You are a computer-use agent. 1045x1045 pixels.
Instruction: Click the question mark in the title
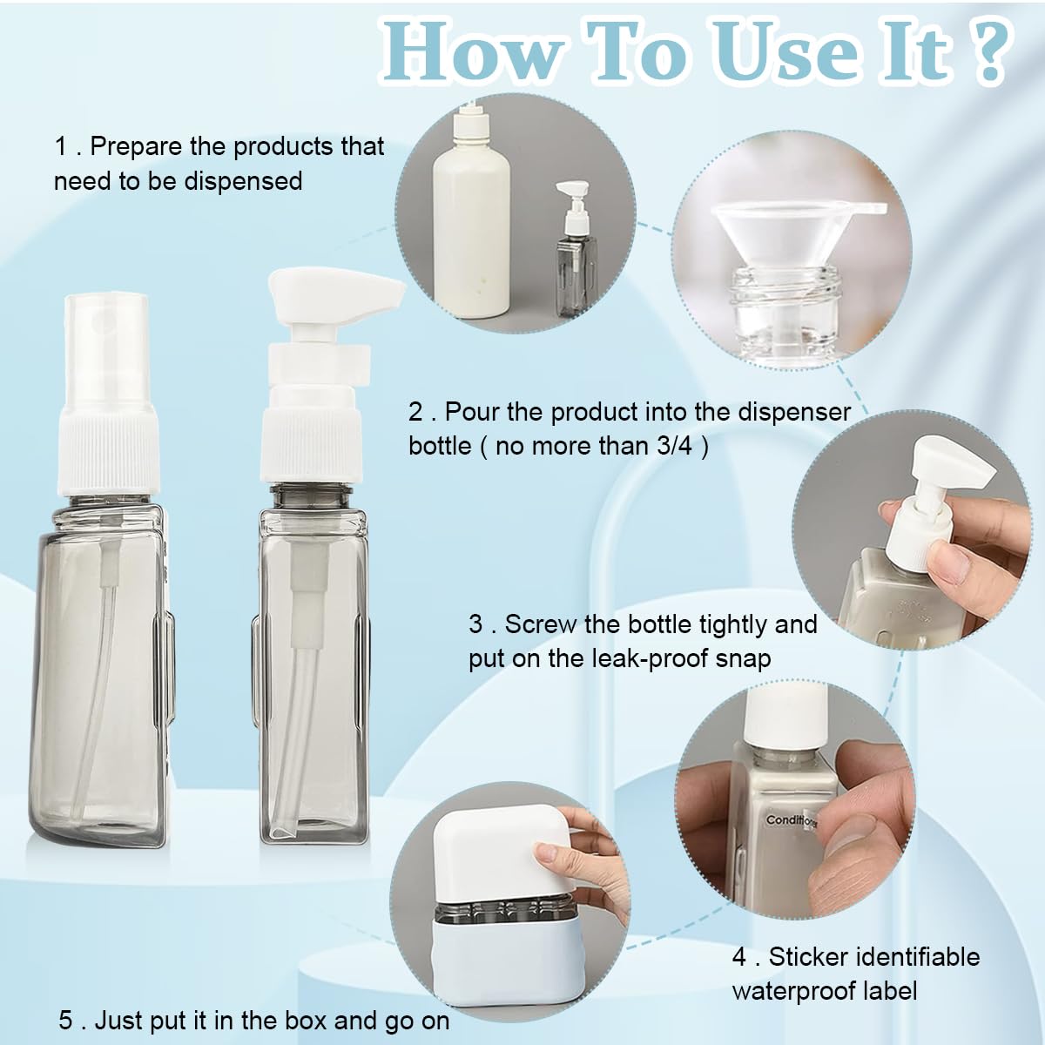click(987, 54)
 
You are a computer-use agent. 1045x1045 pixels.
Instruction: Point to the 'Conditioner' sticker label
click(791, 820)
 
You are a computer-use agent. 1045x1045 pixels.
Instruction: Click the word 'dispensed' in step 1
click(243, 180)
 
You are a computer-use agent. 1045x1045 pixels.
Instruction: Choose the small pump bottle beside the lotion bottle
click(576, 249)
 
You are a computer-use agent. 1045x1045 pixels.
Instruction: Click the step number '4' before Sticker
click(739, 958)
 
